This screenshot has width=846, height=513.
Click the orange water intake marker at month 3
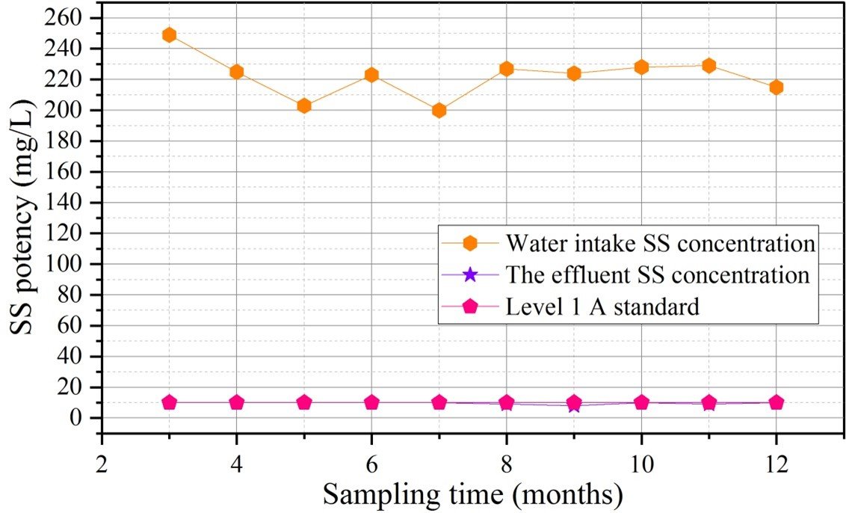pyautogui.click(x=170, y=35)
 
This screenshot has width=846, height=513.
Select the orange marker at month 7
pyautogui.click(x=439, y=110)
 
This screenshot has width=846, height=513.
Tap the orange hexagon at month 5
pyautogui.click(x=304, y=106)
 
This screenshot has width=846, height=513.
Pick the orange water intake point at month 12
pyautogui.click(x=776, y=87)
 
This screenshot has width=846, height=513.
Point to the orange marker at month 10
pyautogui.click(x=641, y=67)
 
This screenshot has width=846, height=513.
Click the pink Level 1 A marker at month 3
pyautogui.click(x=170, y=402)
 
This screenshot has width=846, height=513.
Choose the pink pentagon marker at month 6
pyautogui.click(x=371, y=402)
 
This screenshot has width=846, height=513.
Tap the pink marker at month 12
pyautogui.click(x=776, y=402)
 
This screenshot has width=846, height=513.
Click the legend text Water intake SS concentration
pyautogui.click(x=660, y=244)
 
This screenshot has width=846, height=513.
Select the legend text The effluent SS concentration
pyautogui.click(x=658, y=275)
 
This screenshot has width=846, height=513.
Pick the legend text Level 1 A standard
pyautogui.click(x=602, y=307)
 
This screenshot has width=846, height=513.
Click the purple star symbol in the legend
pyautogui.click(x=471, y=275)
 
